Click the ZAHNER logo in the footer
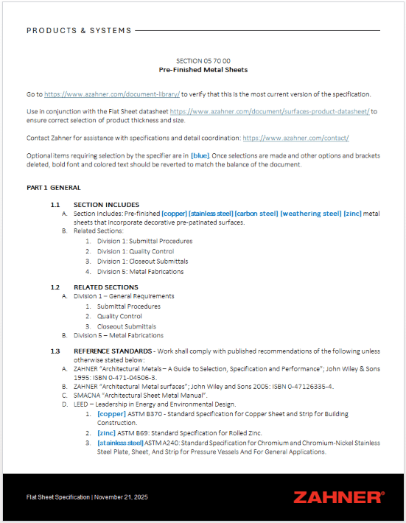point(338,497)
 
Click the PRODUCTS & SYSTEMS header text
point(79,31)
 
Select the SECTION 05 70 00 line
point(203,60)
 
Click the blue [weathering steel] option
point(311,214)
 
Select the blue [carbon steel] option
point(256,214)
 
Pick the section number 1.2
point(55,287)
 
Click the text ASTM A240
point(167,443)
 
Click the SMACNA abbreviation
point(88,395)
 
